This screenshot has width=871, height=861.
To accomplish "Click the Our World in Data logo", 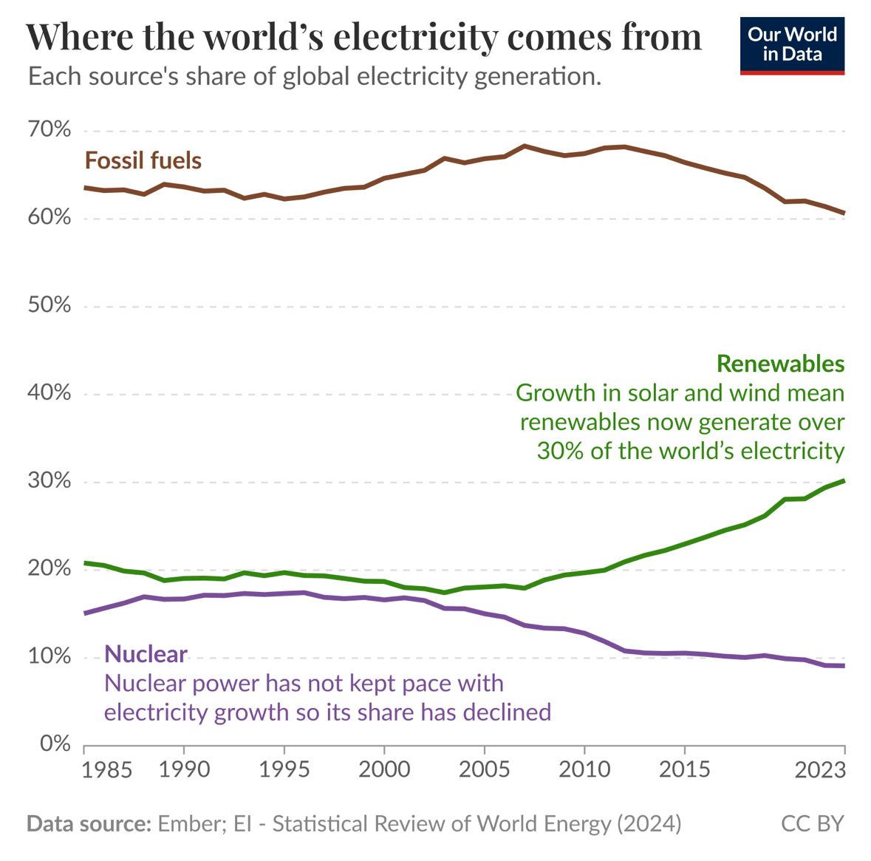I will (x=791, y=45).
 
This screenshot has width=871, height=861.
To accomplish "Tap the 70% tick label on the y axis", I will (x=49, y=131).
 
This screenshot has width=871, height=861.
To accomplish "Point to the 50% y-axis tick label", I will (x=49, y=305).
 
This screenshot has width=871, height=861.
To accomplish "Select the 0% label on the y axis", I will (x=55, y=743).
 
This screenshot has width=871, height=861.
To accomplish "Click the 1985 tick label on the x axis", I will (x=106, y=769).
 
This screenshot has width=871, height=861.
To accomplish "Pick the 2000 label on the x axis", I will (x=384, y=769).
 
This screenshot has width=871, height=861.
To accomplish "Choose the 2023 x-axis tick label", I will (x=819, y=769).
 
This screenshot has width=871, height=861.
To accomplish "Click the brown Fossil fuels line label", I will (x=143, y=160).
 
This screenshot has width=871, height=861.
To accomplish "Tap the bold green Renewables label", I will (x=780, y=364).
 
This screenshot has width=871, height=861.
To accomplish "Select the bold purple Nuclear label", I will (x=146, y=654).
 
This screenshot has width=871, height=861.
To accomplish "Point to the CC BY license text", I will (x=812, y=823).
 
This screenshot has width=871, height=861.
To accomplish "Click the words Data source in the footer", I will (x=89, y=823).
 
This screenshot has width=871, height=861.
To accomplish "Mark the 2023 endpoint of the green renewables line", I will (x=844, y=480).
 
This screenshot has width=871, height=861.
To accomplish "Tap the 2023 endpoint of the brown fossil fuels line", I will (x=844, y=214).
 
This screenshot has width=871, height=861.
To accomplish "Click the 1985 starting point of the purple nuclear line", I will (x=85, y=613).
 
